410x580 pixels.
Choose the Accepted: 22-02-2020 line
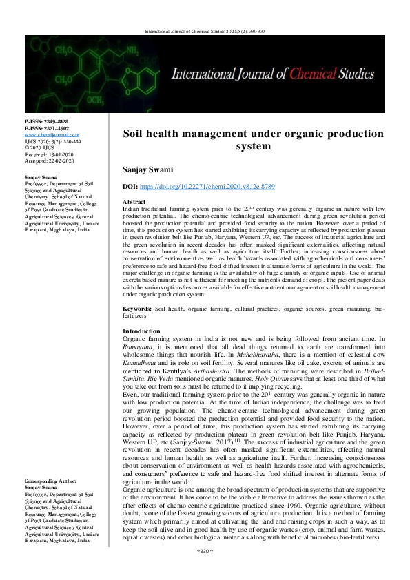click(x=48, y=160)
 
